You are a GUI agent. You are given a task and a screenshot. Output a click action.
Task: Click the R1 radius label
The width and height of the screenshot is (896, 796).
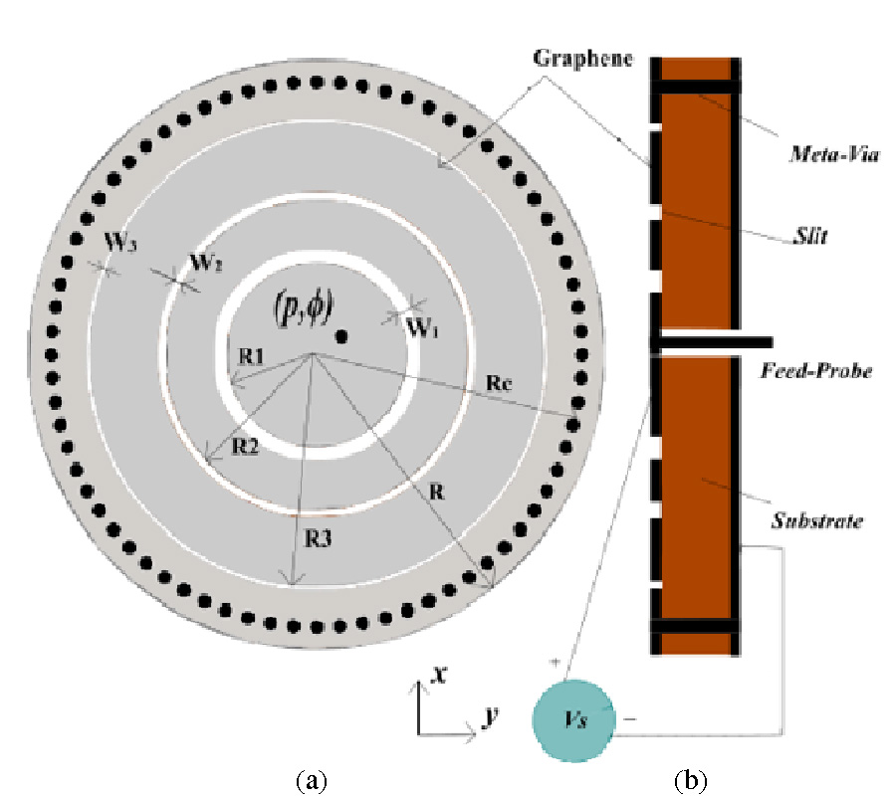252,356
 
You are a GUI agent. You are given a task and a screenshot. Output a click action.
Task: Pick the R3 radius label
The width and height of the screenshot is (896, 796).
319,539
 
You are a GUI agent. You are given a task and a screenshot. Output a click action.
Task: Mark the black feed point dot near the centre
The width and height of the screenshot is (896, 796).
341,335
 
